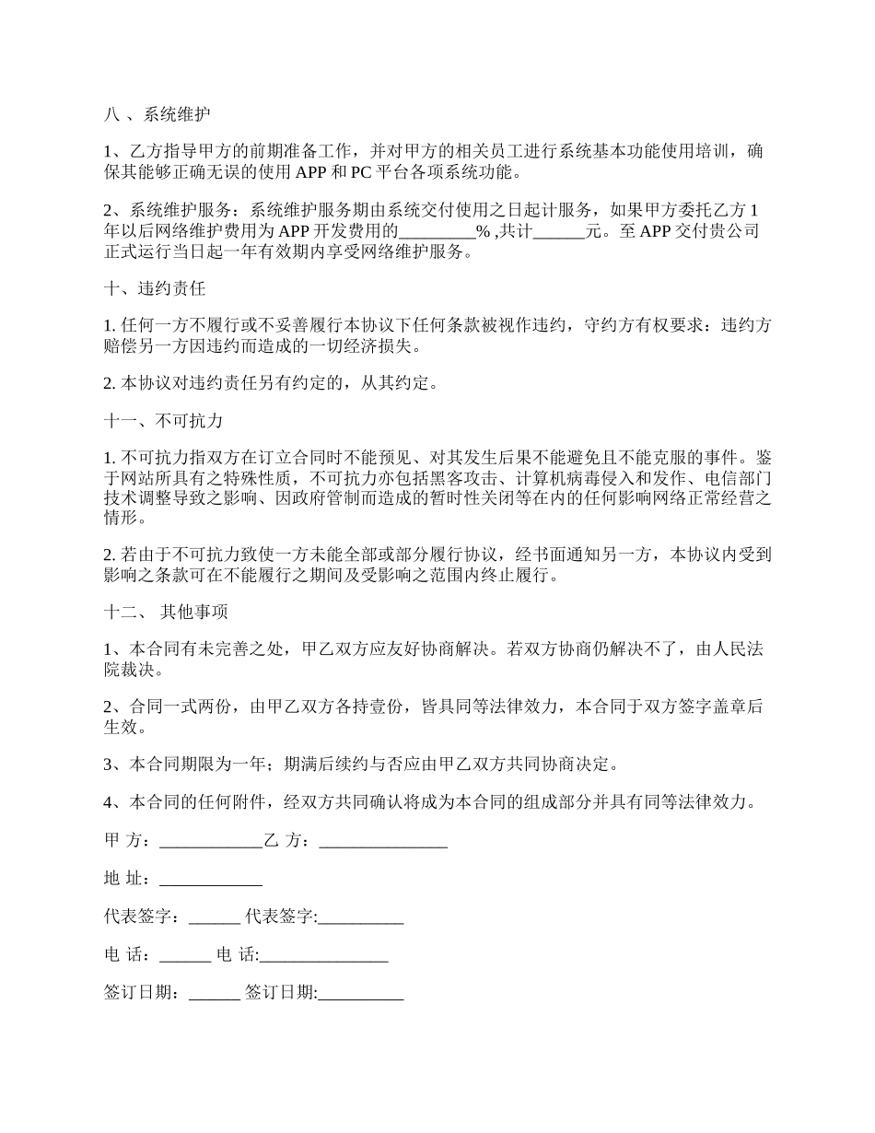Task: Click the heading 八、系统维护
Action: (x=157, y=115)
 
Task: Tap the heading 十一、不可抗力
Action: (x=164, y=421)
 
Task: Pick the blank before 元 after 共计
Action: (x=559, y=232)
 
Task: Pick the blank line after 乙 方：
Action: (x=383, y=841)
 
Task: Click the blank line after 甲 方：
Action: (x=211, y=841)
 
